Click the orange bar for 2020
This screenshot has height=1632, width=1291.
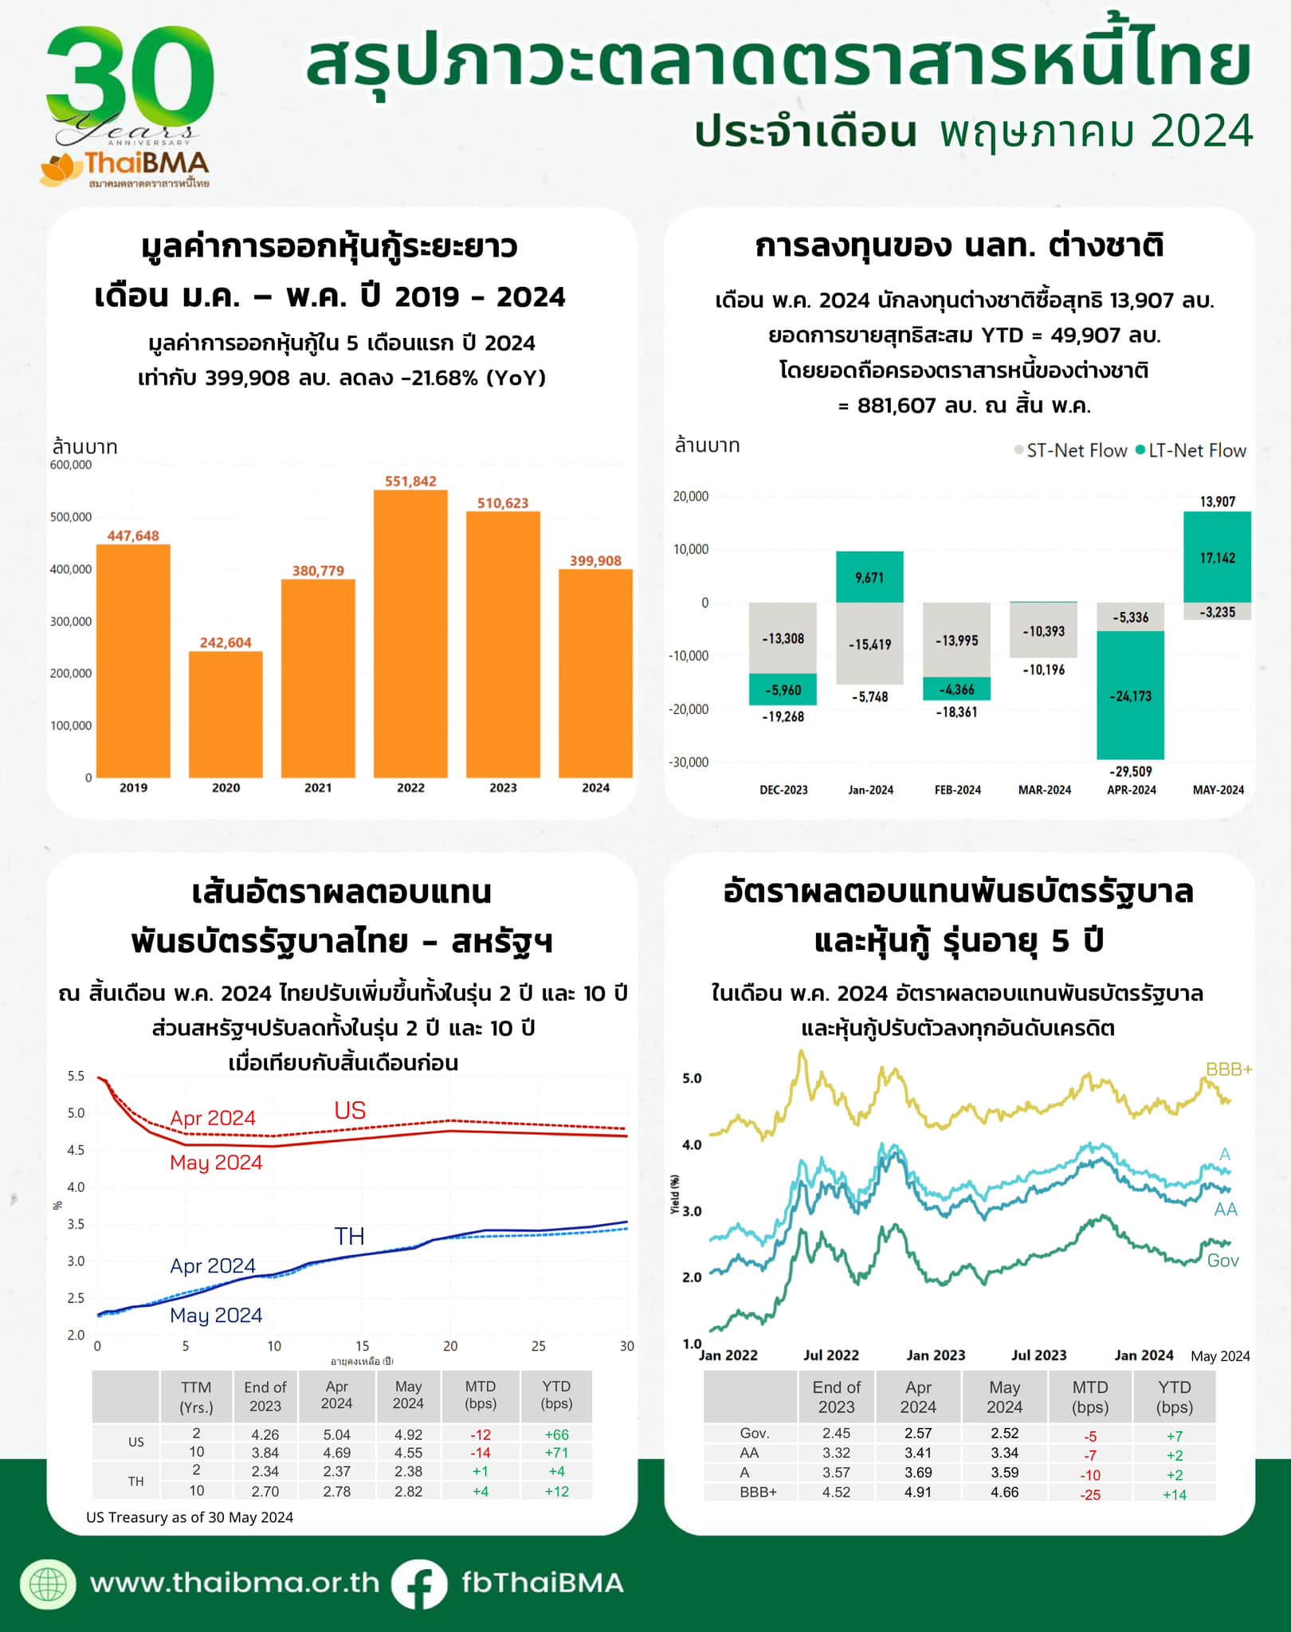coord(226,714)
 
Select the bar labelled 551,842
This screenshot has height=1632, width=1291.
coord(410,634)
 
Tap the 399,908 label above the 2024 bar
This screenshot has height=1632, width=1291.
coord(595,561)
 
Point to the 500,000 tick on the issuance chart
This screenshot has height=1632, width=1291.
coord(71,517)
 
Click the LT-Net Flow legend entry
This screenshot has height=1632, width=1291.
coord(1191,451)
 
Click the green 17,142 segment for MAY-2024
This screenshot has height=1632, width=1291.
coord(1217,557)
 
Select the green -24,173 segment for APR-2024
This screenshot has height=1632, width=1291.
coord(1130,695)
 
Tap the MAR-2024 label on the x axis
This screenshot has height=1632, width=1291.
coord(1044,790)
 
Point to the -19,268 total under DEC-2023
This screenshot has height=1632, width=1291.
coord(783,717)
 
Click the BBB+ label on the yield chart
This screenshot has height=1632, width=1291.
coord(1228,1069)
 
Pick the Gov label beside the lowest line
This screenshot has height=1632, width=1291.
coord(1222,1261)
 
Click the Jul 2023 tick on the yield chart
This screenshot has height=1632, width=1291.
coord(1038,1355)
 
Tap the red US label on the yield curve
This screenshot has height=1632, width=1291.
coord(350,1111)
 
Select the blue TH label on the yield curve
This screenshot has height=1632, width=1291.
coord(349,1236)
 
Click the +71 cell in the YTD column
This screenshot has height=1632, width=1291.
coord(556,1453)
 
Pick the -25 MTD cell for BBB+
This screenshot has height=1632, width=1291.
coord(1089,1495)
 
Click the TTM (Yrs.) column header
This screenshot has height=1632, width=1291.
coord(196,1397)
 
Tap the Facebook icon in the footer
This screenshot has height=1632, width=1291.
coord(419,1583)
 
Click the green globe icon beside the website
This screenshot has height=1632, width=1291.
coord(49,1583)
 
